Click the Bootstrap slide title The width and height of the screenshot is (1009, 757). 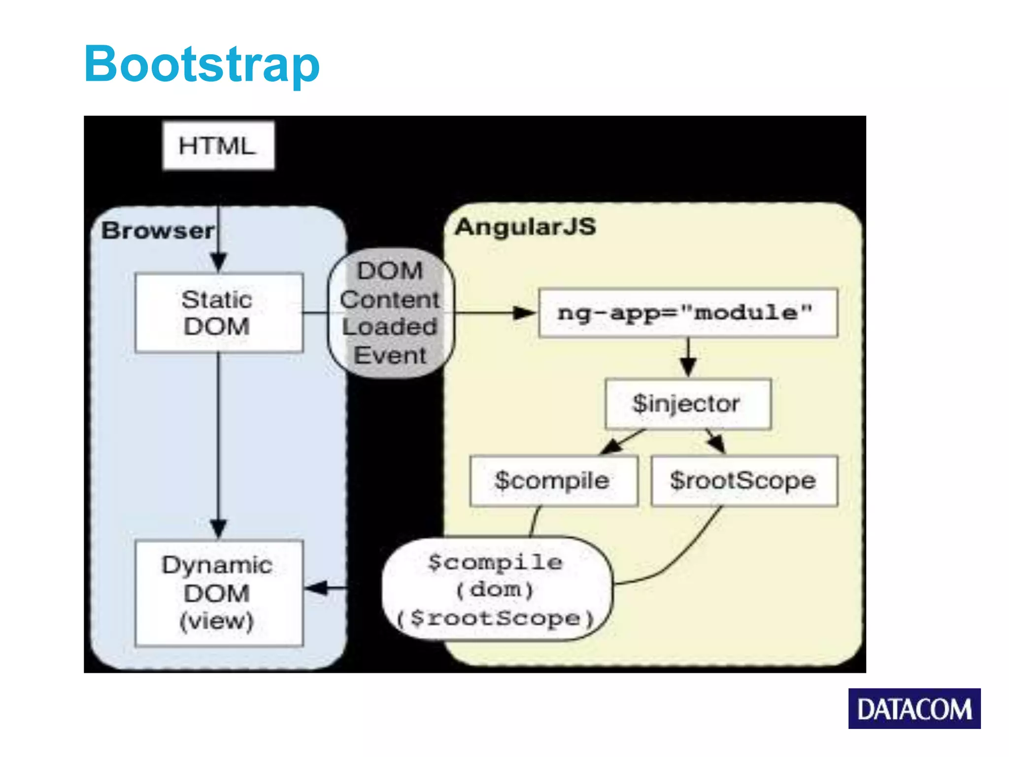202,64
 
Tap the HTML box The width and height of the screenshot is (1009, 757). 218,146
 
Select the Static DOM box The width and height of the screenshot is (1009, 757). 219,313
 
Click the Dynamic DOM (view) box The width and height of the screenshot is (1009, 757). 219,593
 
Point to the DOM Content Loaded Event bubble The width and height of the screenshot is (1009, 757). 391,313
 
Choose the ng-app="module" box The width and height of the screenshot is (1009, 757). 688,313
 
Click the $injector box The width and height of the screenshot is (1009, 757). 688,404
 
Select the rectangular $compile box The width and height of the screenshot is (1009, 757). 553,481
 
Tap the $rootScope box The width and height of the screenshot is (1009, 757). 744,481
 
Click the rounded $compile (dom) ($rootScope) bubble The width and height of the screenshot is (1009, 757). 497,589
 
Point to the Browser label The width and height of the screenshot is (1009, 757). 158,231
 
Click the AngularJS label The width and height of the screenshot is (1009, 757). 525,227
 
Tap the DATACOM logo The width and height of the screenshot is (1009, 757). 914,709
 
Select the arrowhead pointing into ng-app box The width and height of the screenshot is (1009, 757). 524,313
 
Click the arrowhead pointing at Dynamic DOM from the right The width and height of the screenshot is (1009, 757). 316,587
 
